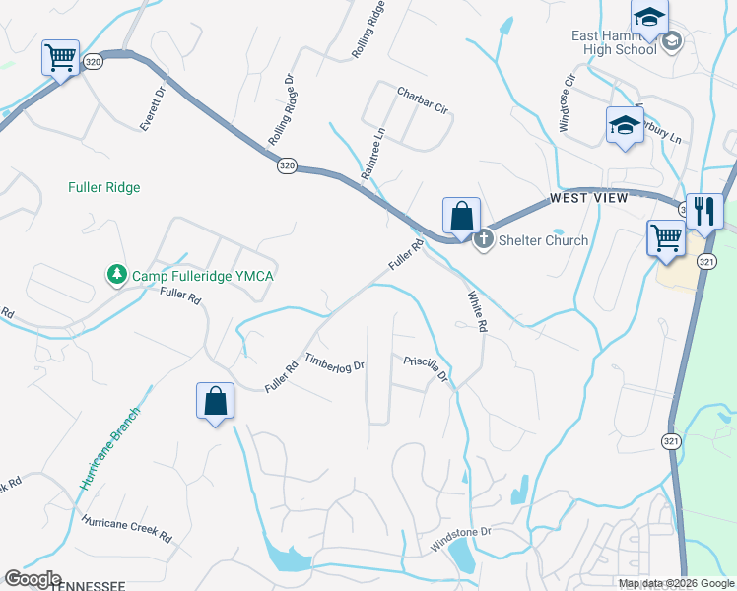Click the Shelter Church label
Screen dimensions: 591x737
coord(545,240)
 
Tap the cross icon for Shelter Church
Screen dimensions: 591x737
coord(484,239)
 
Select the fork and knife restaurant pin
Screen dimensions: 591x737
coord(704,211)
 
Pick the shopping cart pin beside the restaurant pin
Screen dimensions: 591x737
coord(666,237)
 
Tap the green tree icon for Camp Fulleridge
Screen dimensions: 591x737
coord(117,275)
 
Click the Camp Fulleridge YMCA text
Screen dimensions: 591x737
coord(201,275)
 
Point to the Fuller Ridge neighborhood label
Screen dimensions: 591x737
coord(104,187)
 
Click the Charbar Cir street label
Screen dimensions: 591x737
coord(423,101)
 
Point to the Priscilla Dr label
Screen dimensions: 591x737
coord(427,368)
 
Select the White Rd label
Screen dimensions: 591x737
coord(477,311)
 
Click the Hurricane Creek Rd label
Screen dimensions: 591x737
coord(127,530)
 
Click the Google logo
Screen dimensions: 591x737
coord(33,579)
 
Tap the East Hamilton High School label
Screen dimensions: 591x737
coord(614,42)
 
